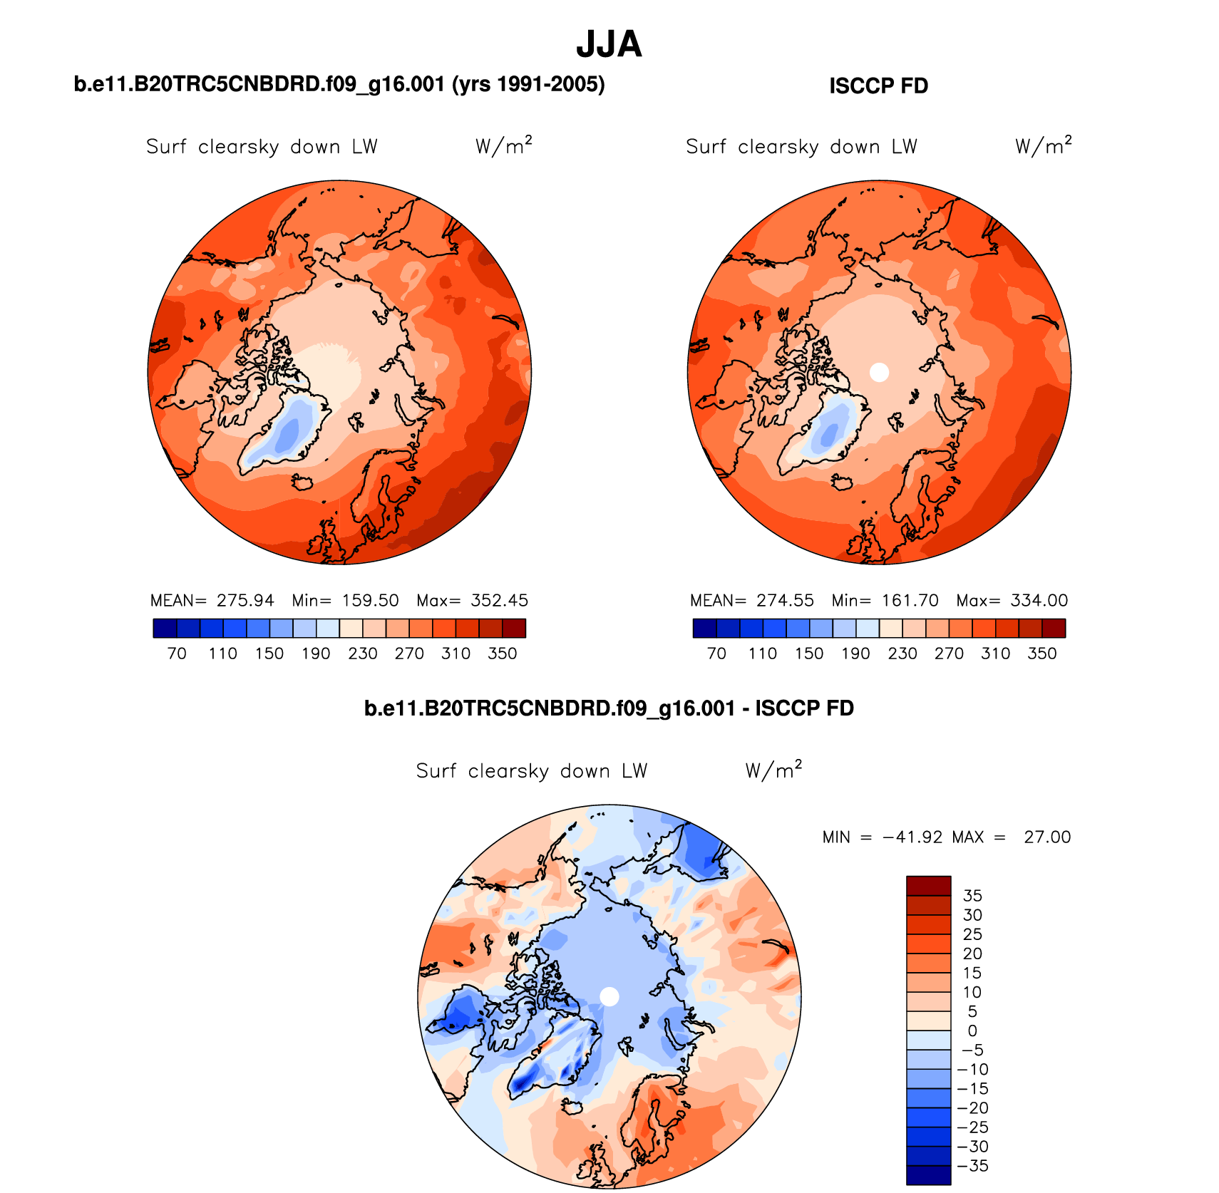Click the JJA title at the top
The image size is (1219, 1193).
609,44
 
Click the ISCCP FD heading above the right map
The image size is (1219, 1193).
878,86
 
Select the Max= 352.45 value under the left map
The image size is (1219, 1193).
473,601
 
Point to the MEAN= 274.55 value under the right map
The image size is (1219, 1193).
751,601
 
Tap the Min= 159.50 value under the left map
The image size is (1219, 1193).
346,601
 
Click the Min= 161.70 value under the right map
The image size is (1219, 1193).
885,601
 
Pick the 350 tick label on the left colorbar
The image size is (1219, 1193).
502,654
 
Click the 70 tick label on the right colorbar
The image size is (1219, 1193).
716,654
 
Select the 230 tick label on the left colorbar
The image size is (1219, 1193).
362,654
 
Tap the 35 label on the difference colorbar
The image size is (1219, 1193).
972,896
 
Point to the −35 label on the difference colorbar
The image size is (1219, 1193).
972,1166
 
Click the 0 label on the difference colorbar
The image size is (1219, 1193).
972,1031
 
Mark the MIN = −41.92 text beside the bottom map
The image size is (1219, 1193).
882,837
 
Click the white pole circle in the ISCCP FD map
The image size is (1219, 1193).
879,371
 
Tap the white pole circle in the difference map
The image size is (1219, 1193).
609,996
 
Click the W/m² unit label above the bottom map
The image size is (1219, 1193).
773,770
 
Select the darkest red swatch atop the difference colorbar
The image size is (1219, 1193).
928,885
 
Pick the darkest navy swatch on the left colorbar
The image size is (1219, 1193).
165,628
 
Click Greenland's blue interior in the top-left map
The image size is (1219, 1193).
289,432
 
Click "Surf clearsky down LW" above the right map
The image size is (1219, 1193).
801,147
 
